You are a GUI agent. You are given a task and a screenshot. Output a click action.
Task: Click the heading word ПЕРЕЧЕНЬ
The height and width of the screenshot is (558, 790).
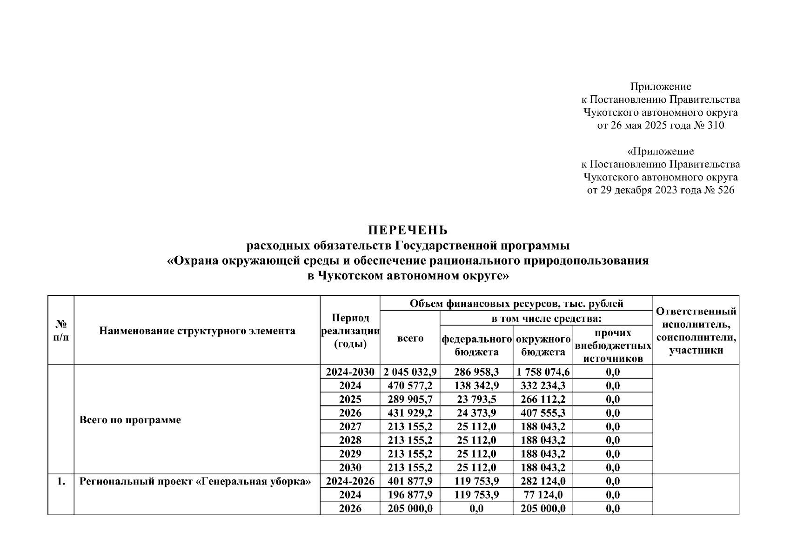408,230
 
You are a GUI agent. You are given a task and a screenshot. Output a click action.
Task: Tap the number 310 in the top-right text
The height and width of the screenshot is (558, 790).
716,126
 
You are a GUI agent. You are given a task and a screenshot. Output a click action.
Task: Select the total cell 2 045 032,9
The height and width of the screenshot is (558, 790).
410,372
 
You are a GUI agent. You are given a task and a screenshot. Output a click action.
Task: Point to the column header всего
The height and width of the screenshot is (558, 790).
410,339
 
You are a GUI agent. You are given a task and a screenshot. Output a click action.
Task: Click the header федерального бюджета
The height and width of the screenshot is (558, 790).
476,345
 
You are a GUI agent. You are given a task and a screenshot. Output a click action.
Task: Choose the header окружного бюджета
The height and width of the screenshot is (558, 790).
543,345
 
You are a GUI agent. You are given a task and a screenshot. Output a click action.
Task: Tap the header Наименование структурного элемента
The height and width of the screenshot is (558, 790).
197,331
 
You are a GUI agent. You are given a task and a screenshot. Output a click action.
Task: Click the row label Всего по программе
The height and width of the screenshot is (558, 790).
130,420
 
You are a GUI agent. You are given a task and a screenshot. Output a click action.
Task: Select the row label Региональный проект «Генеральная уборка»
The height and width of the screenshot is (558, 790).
195,481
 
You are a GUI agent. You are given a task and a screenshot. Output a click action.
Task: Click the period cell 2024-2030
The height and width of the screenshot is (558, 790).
350,372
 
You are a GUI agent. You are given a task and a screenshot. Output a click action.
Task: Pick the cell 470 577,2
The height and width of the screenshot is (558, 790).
410,385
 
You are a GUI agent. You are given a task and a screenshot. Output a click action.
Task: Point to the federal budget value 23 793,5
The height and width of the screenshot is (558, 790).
476,399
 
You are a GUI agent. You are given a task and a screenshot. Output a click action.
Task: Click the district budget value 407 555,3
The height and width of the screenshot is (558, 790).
543,413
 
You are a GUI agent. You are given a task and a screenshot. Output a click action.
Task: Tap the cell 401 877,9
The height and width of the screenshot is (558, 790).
410,481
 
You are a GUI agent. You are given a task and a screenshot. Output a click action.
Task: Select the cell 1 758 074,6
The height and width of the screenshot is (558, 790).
543,372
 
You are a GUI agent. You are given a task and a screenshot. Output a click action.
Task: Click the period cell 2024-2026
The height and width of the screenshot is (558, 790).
350,481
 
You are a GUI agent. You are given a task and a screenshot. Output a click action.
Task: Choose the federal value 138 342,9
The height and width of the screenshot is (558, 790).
476,385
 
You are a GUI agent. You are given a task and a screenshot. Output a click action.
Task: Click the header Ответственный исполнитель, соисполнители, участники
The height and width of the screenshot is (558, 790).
696,331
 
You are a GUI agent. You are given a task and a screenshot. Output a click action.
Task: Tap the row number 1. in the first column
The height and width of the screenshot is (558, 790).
61,481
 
